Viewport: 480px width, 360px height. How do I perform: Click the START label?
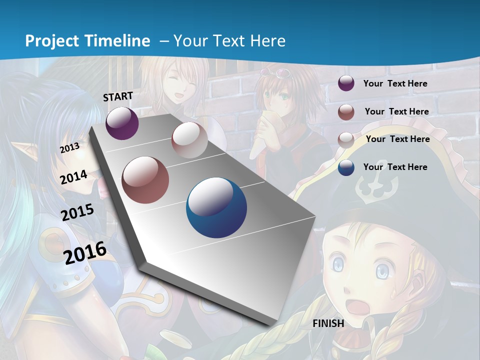point(118,96)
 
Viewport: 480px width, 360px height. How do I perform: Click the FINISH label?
point(328,323)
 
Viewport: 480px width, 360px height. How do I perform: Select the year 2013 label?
point(70,148)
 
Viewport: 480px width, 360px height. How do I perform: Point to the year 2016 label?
point(85,253)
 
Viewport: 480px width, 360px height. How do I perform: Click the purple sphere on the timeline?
point(122,123)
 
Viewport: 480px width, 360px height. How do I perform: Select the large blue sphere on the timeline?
point(216,207)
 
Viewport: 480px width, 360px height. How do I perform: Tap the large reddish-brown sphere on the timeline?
point(145,180)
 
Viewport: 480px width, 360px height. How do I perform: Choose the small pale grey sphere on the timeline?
point(189,139)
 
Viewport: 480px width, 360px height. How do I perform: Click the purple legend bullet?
point(346,83)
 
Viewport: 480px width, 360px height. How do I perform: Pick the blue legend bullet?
point(346,167)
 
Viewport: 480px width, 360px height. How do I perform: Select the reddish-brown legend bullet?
point(346,112)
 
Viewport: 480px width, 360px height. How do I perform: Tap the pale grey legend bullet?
point(346,139)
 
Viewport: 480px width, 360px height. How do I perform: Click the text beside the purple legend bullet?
point(395,83)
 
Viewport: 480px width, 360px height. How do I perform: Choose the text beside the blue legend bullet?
point(395,167)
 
